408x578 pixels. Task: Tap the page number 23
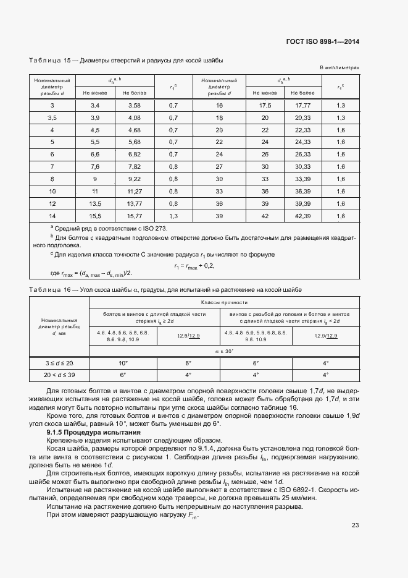pyautogui.click(x=355, y=525)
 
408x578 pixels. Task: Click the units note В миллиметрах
pyautogui.click(x=339, y=68)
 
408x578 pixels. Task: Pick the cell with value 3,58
pyautogui.click(x=134, y=106)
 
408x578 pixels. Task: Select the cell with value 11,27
pyautogui.click(x=134, y=191)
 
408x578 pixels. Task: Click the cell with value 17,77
pyautogui.click(x=302, y=106)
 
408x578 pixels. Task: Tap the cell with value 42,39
pyautogui.click(x=302, y=215)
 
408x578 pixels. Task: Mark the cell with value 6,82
pyautogui.click(x=134, y=155)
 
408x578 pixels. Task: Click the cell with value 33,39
pyautogui.click(x=302, y=179)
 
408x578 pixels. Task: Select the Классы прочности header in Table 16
pyautogui.click(x=224, y=302)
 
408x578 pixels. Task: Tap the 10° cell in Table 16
pyautogui.click(x=123, y=363)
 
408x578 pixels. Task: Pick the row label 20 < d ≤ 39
pyautogui.click(x=59, y=375)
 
